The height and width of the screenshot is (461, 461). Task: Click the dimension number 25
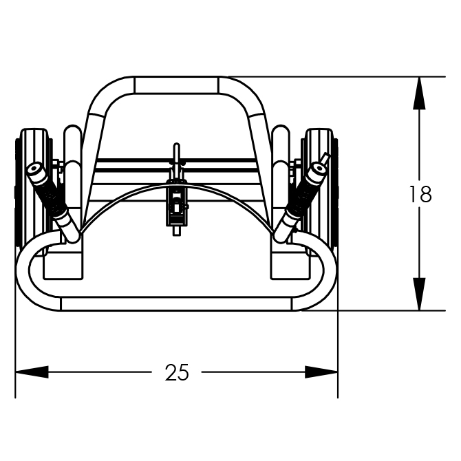coord(177,372)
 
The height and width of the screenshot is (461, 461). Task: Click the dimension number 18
coord(420,194)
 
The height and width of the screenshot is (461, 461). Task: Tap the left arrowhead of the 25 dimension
coord(32,372)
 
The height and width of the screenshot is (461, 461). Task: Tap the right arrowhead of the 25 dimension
coord(321,372)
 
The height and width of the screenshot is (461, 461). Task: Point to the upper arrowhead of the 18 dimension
coord(419,93)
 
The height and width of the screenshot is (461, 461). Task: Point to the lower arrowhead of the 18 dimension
coord(419,294)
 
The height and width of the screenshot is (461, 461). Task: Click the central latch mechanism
coord(176,203)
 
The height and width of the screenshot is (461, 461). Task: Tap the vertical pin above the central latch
coord(176,160)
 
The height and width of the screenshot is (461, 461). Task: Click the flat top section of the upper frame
coord(176,85)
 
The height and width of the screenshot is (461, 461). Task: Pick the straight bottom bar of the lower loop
coord(176,304)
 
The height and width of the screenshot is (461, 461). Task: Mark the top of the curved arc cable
coord(176,185)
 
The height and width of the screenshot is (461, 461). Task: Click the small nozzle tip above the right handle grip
coord(325,158)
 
